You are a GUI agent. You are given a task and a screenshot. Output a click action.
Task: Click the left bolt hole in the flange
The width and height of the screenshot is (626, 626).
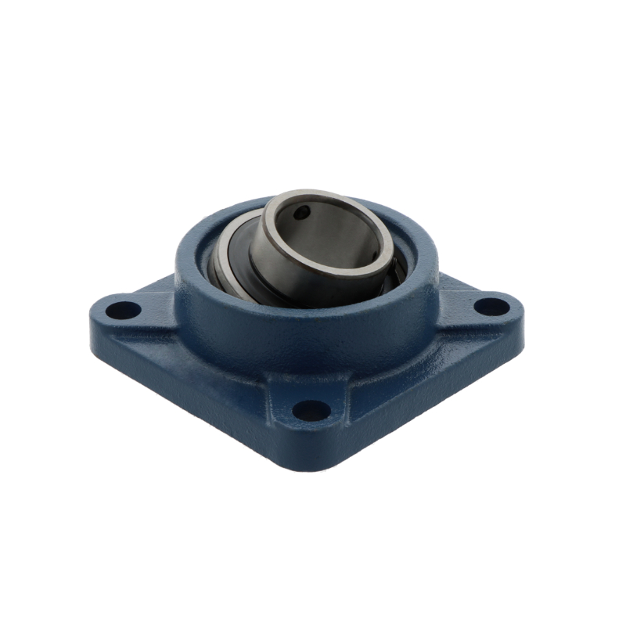tap(123, 310)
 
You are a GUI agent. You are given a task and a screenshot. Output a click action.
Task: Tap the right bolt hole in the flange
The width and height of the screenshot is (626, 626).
tap(490, 306)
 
